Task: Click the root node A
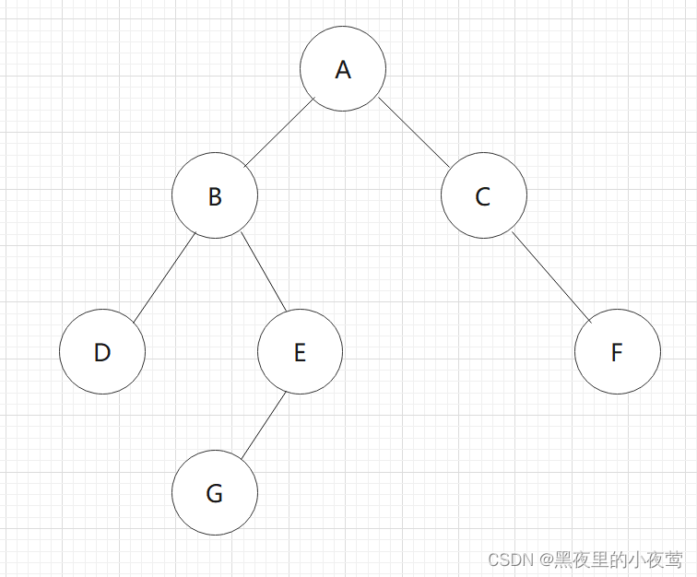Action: pos(343,69)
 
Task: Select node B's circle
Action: pos(215,196)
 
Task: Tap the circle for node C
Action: pos(483,196)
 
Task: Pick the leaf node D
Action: pos(102,351)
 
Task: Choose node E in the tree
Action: pos(300,351)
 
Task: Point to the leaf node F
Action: pos(617,351)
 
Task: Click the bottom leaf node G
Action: pos(215,493)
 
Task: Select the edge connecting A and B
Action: pos(279,134)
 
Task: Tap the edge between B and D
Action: pos(163,278)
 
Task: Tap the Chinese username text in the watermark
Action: pos(619,559)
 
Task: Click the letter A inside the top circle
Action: pos(343,70)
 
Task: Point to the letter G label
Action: pos(215,494)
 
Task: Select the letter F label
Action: pos(617,352)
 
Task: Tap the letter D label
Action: pos(102,352)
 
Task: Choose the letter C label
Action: pos(483,197)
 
